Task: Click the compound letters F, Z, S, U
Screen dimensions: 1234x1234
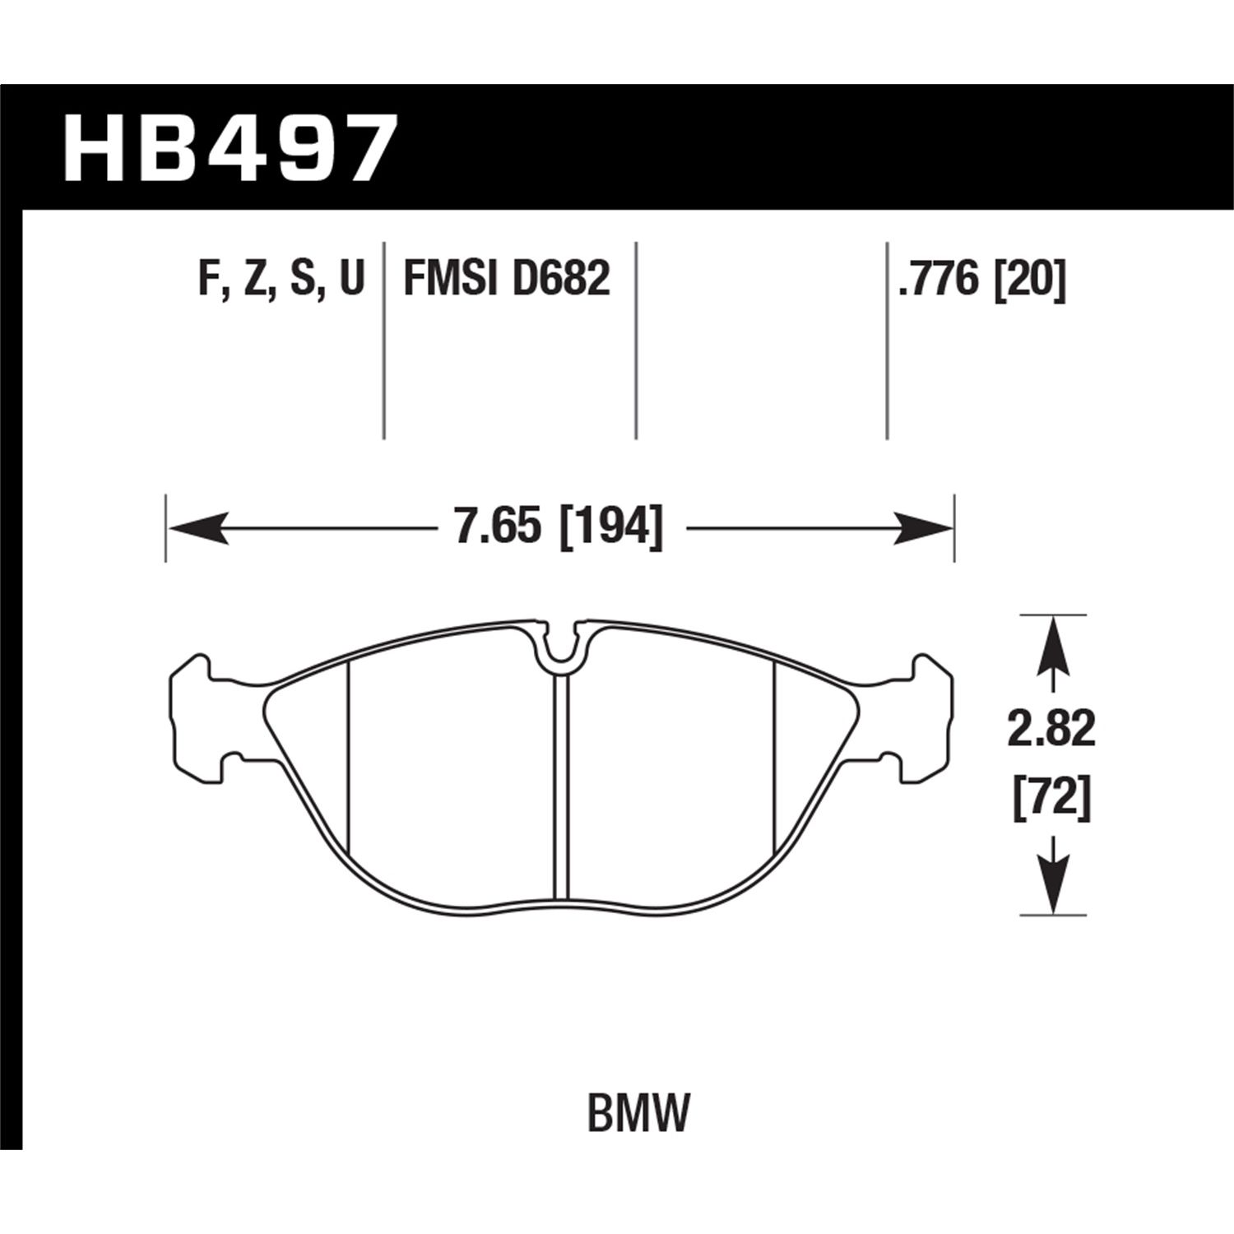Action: (281, 279)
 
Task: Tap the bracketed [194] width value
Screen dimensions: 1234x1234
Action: (610, 527)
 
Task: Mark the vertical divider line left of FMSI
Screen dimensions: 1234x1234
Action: (384, 341)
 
